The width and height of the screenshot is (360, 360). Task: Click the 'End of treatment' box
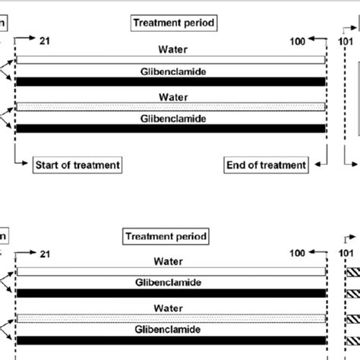pyautogui.click(x=266, y=164)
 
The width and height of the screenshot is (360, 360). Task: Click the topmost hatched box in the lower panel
pyautogui.click(x=353, y=272)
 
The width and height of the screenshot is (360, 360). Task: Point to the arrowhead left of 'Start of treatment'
pyautogui.click(x=23, y=164)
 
